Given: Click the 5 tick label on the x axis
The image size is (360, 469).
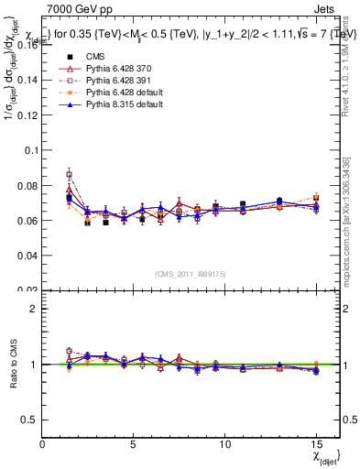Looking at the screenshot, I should coord(134,443).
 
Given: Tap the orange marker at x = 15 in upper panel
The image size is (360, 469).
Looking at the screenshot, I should coord(316,197).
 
